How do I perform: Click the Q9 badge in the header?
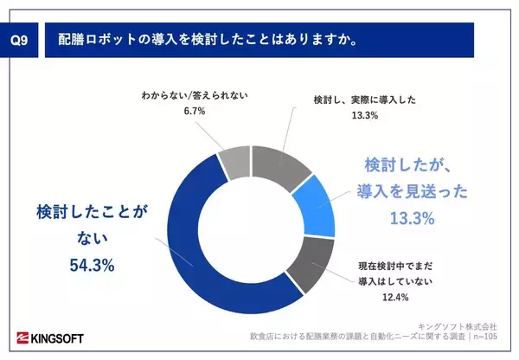tap(18, 40)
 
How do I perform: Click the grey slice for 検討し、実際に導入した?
tap(281, 165)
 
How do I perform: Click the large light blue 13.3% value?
tap(411, 218)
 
